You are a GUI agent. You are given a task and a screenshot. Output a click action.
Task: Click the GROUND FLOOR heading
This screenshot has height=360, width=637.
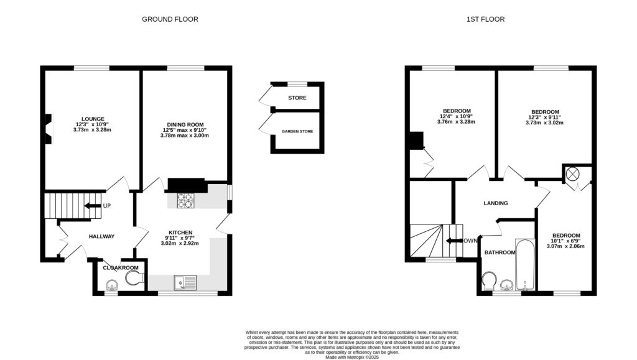(x=170, y=19)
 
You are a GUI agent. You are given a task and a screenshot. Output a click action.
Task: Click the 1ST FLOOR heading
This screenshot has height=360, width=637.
(x=485, y=19)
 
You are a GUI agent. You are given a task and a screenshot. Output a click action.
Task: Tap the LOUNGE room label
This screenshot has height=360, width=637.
(x=92, y=119)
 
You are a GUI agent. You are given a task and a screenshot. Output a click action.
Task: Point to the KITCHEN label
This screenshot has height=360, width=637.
(x=180, y=232)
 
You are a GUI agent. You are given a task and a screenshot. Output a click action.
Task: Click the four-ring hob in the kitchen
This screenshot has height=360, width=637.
(x=185, y=200)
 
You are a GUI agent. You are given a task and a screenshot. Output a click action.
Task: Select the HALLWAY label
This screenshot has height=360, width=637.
(x=101, y=236)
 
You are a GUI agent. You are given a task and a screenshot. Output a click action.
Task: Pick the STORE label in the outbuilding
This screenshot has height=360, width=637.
(x=297, y=98)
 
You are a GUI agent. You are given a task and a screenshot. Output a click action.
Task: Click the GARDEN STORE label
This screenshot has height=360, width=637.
(x=297, y=131)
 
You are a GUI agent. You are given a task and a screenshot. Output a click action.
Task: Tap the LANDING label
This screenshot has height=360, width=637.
(x=496, y=203)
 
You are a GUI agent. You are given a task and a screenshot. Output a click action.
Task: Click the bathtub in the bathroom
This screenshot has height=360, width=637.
(x=525, y=266)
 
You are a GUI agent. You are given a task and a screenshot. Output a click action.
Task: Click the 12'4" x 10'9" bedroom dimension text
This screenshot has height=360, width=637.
(x=456, y=116)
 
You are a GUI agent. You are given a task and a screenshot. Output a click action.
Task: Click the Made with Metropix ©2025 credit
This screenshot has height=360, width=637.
(x=352, y=356)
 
